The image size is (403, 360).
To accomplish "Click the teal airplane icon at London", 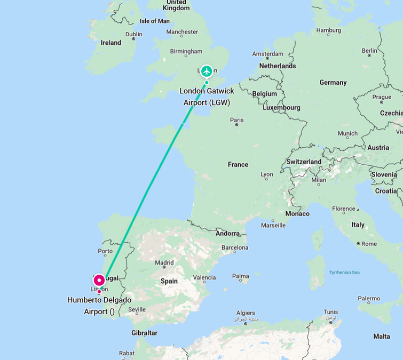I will (x=207, y=70).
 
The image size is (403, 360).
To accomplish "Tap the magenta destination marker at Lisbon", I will (x=99, y=280).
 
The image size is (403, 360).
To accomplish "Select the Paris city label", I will (x=236, y=120).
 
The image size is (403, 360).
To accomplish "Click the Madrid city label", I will (x=164, y=262).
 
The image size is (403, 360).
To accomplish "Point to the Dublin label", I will (x=133, y=34).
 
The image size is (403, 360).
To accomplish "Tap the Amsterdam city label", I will (x=267, y=54).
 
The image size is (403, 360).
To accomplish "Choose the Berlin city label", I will (x=369, y=51).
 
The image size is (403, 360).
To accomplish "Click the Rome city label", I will (x=369, y=244).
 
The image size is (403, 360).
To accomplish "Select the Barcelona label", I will (x=235, y=247).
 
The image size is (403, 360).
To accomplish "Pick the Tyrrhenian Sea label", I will (x=344, y=273).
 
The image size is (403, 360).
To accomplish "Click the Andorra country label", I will (x=227, y=234).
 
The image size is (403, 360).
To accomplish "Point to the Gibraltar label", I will (x=144, y=333).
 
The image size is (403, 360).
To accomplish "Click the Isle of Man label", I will (x=154, y=21).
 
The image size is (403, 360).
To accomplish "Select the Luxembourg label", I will (x=281, y=107).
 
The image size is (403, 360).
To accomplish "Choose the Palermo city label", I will (x=369, y=299).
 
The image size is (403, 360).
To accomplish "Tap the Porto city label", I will (x=105, y=251).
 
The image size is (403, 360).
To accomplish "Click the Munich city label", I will (x=347, y=134).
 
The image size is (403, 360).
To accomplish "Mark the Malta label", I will (x=381, y=336).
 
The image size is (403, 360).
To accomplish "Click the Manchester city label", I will (x=182, y=31).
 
